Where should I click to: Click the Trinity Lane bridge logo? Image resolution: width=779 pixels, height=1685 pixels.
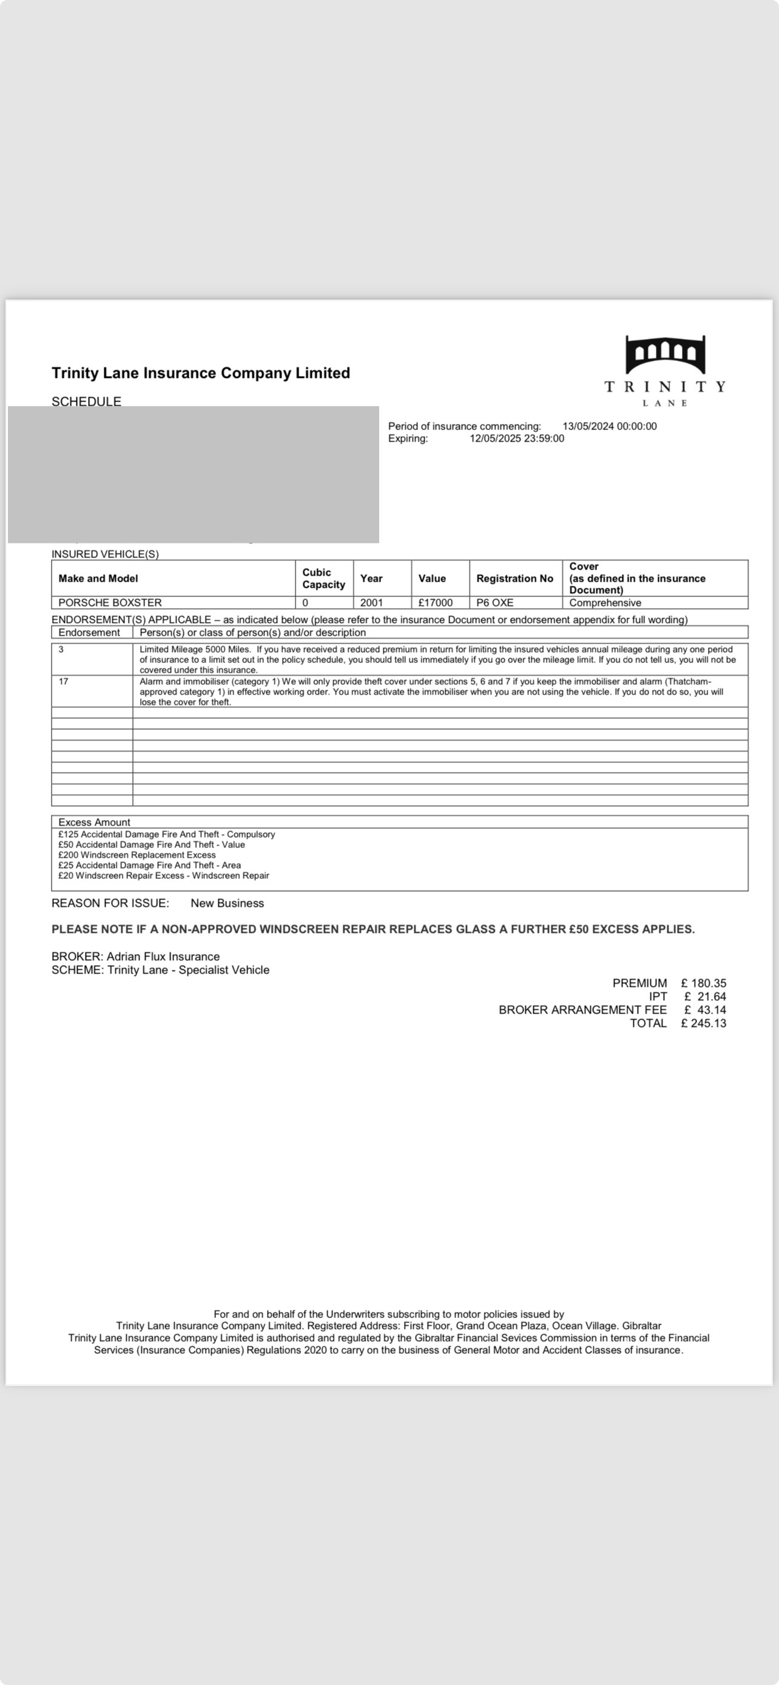[x=665, y=355]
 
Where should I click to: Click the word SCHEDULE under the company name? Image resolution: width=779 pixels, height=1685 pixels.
[x=86, y=401]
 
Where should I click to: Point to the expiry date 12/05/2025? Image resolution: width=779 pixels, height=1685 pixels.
[x=496, y=439]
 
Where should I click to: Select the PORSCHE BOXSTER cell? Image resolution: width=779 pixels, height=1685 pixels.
[x=110, y=602]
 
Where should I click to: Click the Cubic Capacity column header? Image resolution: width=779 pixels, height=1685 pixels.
[x=323, y=578]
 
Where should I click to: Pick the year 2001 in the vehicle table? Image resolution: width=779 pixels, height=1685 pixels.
[x=371, y=602]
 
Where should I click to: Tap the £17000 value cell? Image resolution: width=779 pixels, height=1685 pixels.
[x=436, y=602]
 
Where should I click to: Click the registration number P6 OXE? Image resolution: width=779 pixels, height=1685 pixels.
[x=494, y=602]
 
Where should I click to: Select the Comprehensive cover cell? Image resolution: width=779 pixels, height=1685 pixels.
[x=605, y=602]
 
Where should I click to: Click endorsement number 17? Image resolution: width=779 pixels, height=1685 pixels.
[x=64, y=682]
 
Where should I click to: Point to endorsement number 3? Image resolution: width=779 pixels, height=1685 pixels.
[x=61, y=650]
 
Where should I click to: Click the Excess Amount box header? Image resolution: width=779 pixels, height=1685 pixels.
[x=94, y=822]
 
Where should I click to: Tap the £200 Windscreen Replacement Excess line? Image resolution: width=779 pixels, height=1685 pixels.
[x=137, y=855]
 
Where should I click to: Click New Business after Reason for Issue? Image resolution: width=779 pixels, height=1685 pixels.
[x=227, y=903]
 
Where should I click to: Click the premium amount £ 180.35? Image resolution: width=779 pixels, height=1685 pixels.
[x=703, y=983]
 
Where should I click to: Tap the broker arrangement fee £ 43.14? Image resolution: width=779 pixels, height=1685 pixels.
[x=705, y=1010]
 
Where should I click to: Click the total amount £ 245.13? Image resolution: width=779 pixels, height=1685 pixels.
[x=703, y=1024]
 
